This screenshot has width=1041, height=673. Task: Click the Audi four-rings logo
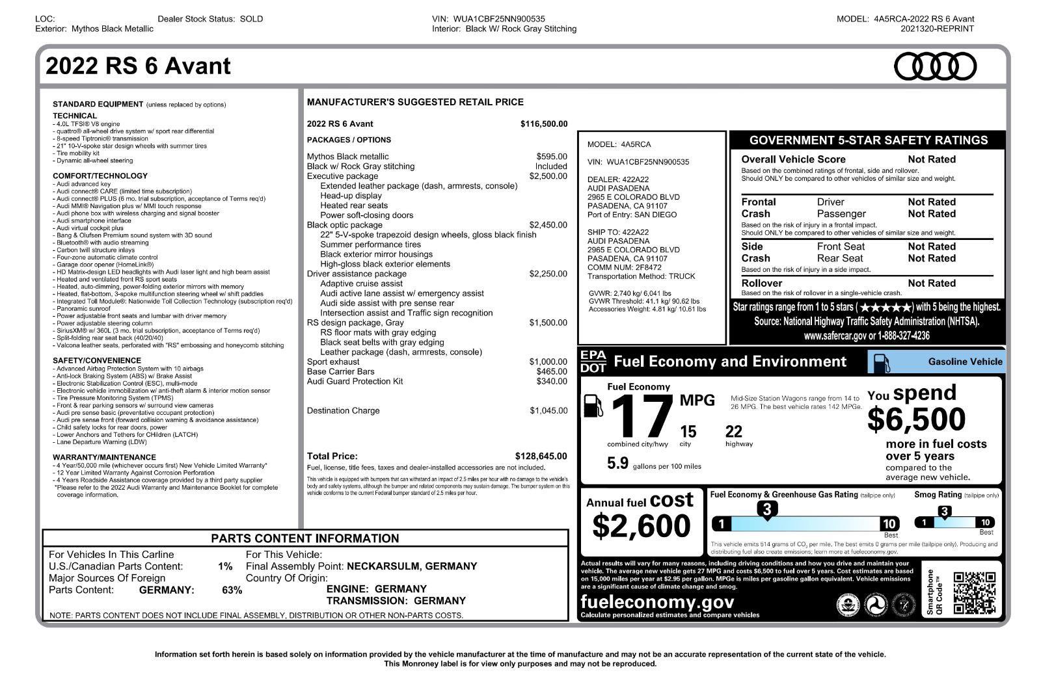point(935,67)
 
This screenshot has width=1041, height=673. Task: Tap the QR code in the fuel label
point(975,592)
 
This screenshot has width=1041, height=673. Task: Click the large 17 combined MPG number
point(641,417)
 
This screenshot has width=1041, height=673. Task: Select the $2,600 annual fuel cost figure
point(641,526)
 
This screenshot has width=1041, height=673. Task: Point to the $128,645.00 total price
point(541,456)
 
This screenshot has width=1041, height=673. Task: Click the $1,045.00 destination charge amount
point(548,410)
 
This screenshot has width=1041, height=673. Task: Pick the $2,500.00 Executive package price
point(548,176)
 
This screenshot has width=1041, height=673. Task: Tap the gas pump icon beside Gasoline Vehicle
point(880,362)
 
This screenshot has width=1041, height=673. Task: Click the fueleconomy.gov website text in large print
point(657,601)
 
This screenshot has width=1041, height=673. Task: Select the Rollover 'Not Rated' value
point(932,284)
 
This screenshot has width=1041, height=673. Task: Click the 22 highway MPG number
point(733,432)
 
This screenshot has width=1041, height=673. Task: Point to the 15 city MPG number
point(688,432)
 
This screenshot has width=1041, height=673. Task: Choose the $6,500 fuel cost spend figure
point(916,419)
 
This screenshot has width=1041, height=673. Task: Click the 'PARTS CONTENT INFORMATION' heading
point(304,538)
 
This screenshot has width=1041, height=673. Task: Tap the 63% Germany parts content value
point(232,590)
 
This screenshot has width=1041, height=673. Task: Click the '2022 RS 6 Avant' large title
point(138,66)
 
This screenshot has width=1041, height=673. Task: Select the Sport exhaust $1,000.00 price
point(548,362)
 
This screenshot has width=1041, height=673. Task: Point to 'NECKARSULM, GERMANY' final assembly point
point(412,566)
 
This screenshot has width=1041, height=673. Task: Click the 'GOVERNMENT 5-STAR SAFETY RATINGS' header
point(868,140)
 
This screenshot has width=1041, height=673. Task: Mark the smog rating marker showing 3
point(944,512)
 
